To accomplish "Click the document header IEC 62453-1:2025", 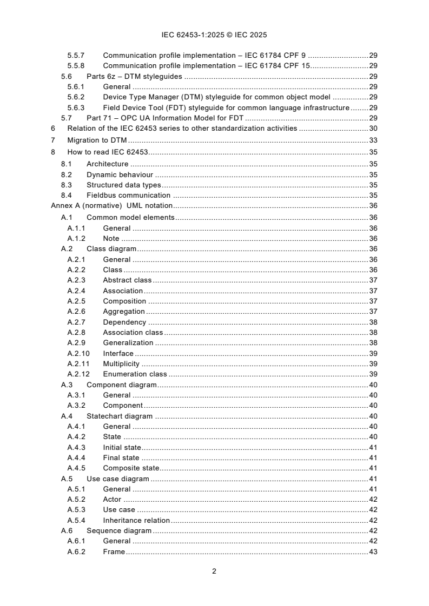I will (x=214, y=35).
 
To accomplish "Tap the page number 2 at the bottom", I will (x=214, y=571).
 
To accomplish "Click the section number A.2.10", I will (x=78, y=353).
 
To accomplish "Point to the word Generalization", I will (x=128, y=343).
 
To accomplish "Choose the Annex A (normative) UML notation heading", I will (x=111, y=206).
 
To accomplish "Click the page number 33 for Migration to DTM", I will (x=373, y=140).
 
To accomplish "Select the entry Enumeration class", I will (x=135, y=374).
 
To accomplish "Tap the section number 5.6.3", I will (x=76, y=107).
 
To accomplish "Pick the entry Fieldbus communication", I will (x=128, y=195).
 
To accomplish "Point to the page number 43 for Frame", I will (x=373, y=551).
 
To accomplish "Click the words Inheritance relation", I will (x=136, y=520).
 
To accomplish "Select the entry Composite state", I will (x=131, y=468).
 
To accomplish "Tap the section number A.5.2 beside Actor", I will (x=76, y=500).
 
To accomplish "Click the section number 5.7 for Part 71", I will (x=66, y=118).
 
